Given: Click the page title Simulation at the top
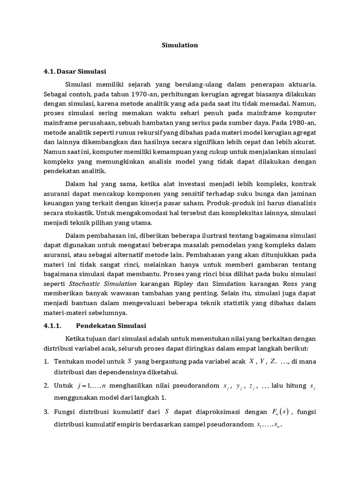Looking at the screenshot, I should coord(180,45).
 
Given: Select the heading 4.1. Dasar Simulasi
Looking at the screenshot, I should coord(75,72).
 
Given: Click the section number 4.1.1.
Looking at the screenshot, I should coord(52,325).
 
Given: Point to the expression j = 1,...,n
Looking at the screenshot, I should coord(92,386).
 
